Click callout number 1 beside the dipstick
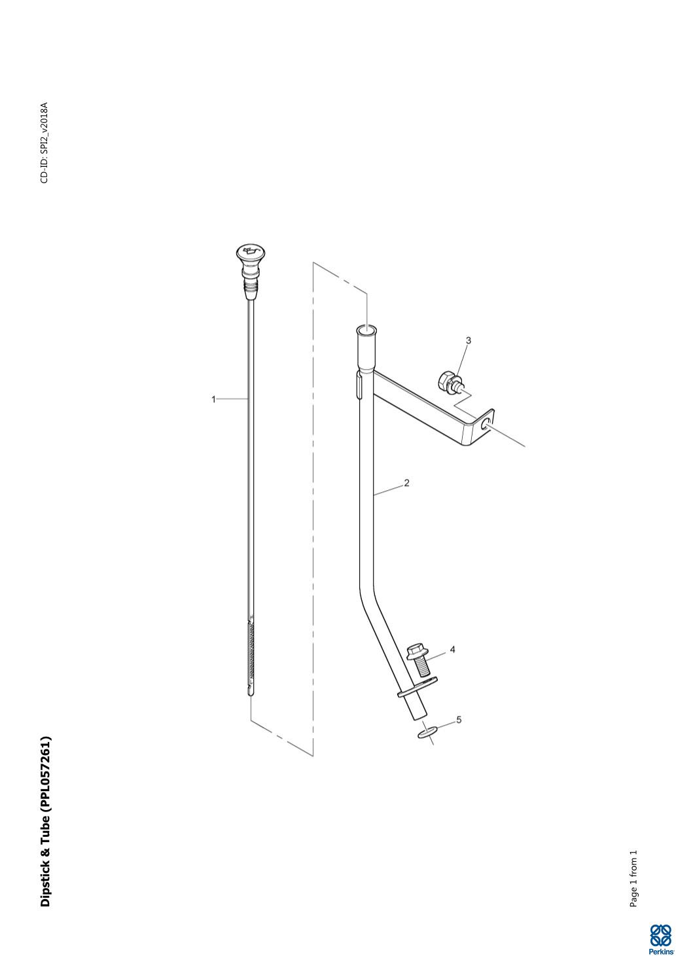click(x=214, y=399)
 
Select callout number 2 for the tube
click(x=406, y=483)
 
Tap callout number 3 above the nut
click(x=468, y=340)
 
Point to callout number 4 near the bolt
click(x=452, y=650)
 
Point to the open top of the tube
click(x=366, y=330)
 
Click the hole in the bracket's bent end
click(x=485, y=424)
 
